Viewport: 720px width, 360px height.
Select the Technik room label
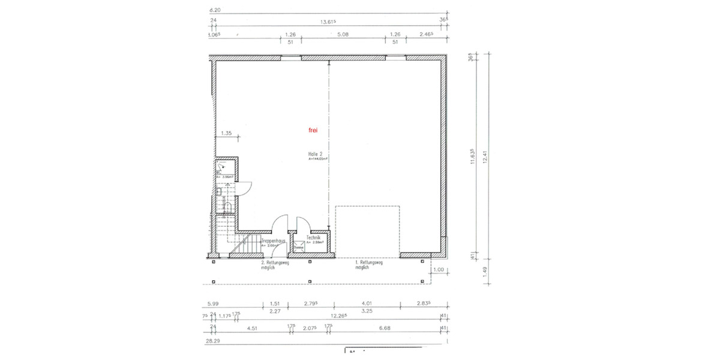click(x=313, y=238)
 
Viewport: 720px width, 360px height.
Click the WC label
click(x=220, y=172)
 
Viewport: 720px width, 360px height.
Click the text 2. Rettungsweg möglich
click(x=275, y=265)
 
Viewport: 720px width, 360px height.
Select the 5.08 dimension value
click(x=343, y=35)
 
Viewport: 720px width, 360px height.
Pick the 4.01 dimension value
click(x=366, y=304)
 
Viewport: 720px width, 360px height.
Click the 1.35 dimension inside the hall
click(x=226, y=133)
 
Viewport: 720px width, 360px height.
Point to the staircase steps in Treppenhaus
click(x=245, y=246)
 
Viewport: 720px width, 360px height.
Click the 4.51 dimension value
click(x=253, y=328)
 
